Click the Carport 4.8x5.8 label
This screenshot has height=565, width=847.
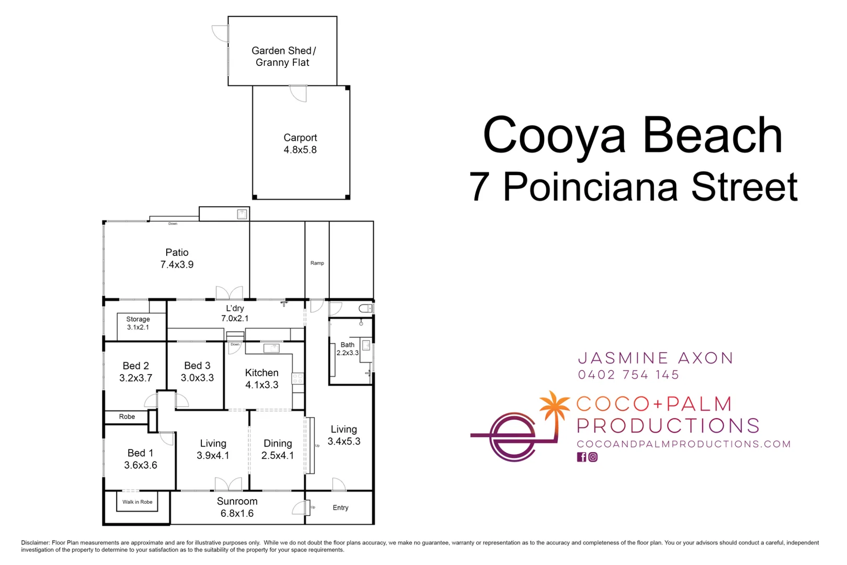click(300, 143)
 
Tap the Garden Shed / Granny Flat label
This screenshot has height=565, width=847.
click(283, 56)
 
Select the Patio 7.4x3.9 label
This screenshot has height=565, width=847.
click(177, 258)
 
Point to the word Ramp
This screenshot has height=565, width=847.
click(317, 263)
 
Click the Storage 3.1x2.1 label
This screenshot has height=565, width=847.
click(138, 323)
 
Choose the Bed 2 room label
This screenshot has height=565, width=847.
click(136, 371)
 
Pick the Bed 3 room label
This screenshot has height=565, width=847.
click(197, 371)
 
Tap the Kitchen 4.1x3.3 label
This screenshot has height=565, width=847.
click(261, 378)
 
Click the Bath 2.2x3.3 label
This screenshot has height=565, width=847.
click(347, 348)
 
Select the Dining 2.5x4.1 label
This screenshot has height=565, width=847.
click(278, 449)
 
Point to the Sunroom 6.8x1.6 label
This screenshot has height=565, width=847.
click(237, 507)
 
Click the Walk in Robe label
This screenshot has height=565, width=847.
click(138, 502)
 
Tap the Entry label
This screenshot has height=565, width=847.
click(340, 507)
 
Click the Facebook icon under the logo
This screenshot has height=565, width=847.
click(581, 457)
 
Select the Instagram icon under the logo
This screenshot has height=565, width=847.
click(593, 457)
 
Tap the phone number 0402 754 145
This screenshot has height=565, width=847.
click(628, 375)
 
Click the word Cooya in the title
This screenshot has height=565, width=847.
click(554, 135)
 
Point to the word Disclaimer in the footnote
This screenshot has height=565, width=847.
click(35, 543)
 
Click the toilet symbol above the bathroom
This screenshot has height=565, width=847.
click(366, 309)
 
